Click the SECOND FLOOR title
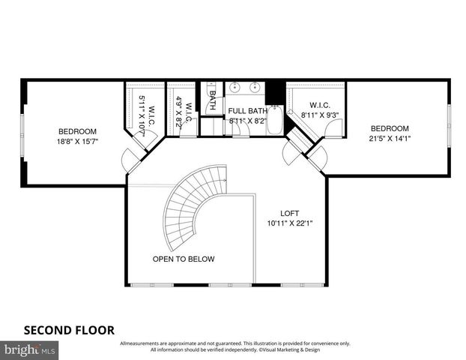coord(69,329)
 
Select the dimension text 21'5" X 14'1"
coord(390,138)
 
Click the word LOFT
coord(290,212)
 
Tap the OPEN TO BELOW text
coord(184,259)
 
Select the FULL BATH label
coord(246,110)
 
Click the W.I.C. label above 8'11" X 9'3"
coord(315,106)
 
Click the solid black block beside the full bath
coord(276,92)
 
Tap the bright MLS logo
coord(30,349)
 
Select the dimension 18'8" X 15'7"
coord(77,140)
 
